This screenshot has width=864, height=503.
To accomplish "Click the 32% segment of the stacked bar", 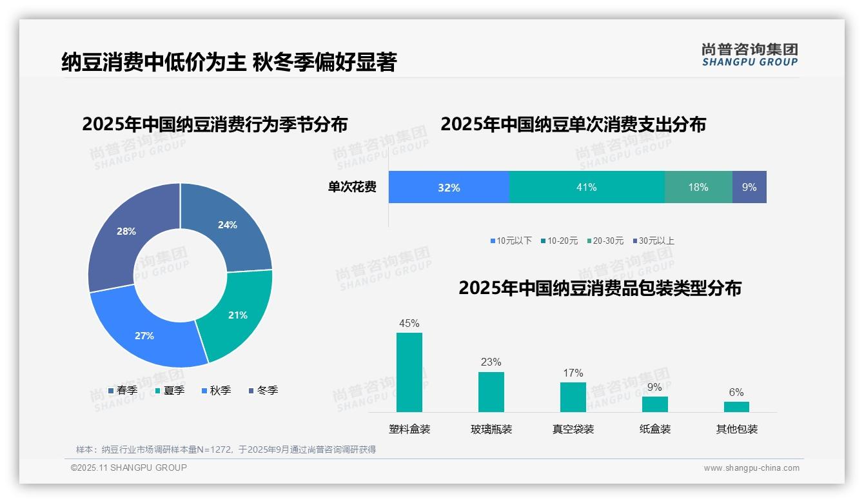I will (449, 187).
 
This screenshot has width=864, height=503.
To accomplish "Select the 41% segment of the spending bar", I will (587, 187).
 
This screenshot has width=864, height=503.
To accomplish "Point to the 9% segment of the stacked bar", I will (749, 187).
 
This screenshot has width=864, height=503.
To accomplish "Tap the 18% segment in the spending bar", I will (698, 187).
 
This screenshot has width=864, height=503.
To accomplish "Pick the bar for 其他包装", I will (736, 406).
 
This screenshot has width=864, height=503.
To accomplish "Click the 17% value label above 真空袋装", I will (573, 373).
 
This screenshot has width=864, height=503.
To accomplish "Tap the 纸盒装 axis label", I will (655, 429).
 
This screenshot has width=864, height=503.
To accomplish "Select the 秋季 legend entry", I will (217, 390).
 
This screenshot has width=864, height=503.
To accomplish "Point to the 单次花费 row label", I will (352, 187).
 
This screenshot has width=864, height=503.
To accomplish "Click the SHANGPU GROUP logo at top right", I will (749, 54).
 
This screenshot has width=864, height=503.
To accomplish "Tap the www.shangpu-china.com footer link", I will (751, 468).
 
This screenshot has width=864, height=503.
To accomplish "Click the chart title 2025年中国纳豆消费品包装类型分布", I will (600, 288).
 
